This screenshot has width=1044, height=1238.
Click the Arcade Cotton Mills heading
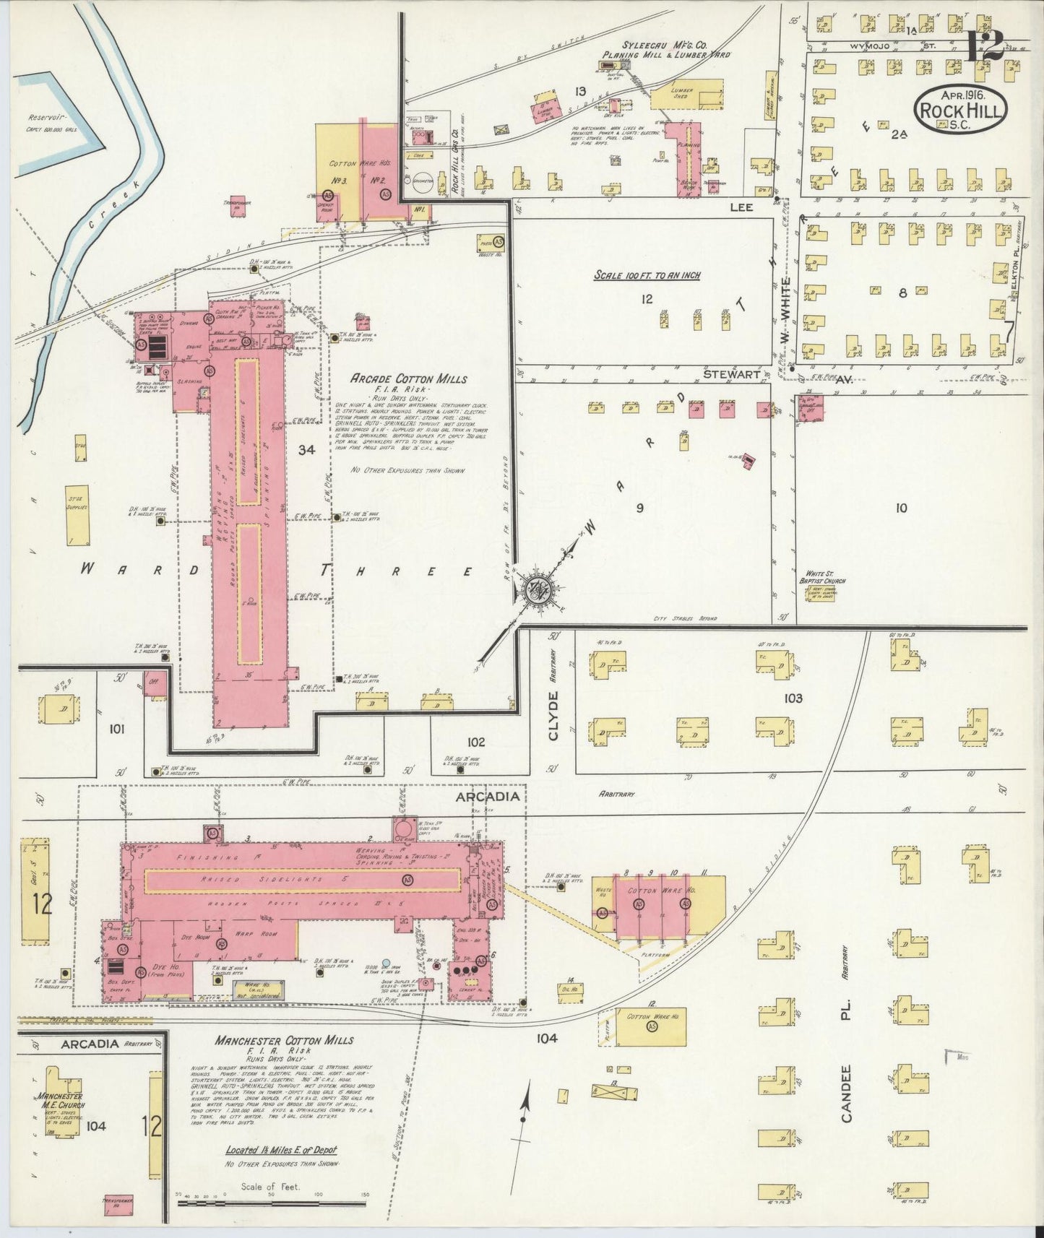click(x=409, y=379)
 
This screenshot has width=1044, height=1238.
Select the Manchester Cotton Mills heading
click(x=284, y=1040)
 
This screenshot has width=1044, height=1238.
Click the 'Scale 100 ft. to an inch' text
click(x=647, y=275)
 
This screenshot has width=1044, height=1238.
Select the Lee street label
click(x=741, y=207)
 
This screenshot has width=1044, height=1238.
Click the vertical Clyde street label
click(x=554, y=715)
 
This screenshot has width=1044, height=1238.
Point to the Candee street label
click(x=847, y=1092)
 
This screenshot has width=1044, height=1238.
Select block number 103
click(x=793, y=698)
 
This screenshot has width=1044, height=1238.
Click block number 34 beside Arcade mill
click(x=306, y=450)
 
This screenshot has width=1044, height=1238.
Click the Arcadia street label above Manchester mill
click(x=487, y=796)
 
